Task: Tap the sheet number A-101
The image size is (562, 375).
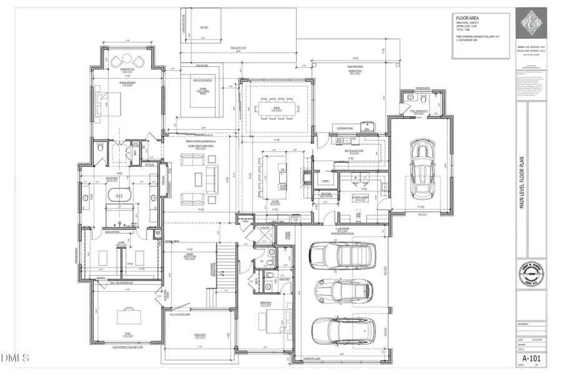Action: coord(531,357)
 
